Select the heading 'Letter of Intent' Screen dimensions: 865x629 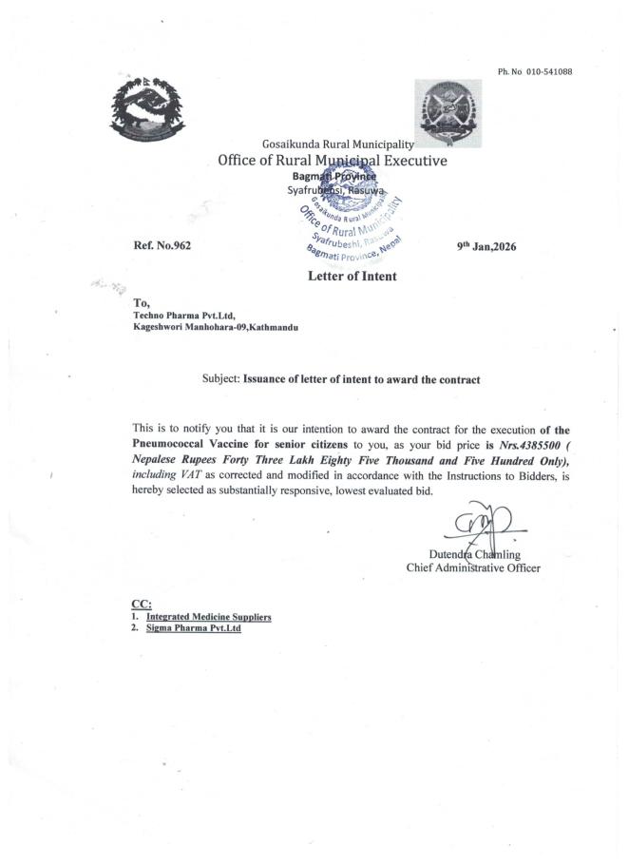tap(352, 277)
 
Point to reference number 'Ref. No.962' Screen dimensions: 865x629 tap(162, 246)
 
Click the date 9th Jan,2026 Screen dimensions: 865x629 tap(486, 246)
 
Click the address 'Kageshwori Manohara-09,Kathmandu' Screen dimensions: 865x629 tap(216, 327)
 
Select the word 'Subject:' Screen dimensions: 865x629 tap(221, 379)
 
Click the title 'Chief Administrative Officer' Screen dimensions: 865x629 tap(473, 568)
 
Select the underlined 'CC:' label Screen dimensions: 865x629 tap(141, 604)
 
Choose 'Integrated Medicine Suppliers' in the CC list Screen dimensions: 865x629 tap(208, 617)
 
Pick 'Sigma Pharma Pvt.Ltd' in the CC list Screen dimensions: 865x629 tap(193, 628)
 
